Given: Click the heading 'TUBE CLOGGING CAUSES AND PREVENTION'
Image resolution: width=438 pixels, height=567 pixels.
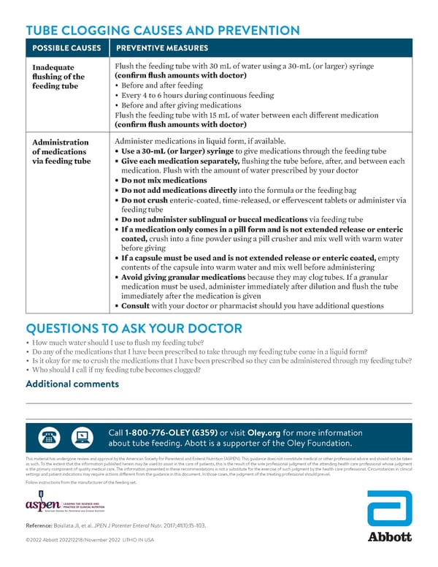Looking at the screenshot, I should (x=162, y=31).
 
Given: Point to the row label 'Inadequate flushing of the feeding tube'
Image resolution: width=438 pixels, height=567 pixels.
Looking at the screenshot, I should (x=58, y=76).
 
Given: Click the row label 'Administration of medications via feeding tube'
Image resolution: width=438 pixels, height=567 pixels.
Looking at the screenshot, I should (x=61, y=151).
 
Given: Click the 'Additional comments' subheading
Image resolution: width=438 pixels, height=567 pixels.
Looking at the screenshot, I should (x=72, y=384).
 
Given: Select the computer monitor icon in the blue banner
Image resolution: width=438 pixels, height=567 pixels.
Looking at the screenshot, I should (x=81, y=437).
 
